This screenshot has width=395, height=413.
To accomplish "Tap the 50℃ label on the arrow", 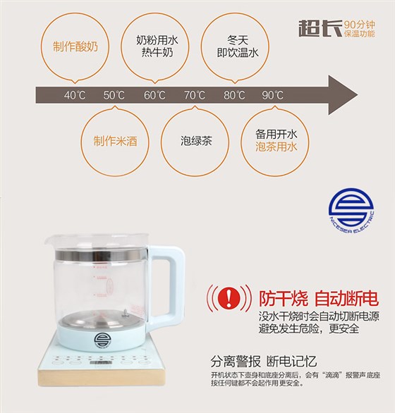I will tap(114, 95).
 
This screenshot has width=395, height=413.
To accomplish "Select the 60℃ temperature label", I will tap(154, 95).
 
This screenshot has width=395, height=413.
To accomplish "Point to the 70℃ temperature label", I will tap(195, 95).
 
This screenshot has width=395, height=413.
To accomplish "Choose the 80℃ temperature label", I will tap(234, 95).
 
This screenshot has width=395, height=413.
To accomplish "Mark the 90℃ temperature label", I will tap(273, 95).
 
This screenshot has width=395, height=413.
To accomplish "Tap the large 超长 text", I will tap(313, 29).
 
